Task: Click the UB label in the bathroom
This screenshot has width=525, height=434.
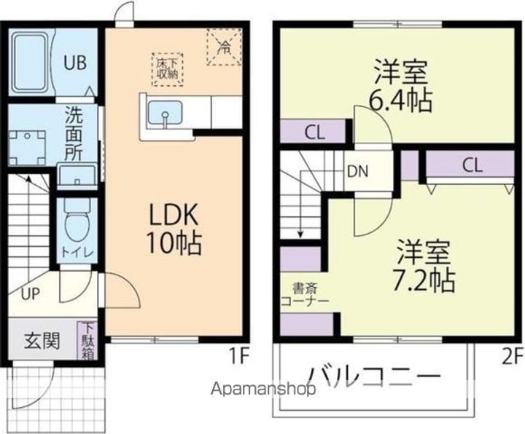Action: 75,63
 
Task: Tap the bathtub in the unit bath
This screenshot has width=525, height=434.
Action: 30,62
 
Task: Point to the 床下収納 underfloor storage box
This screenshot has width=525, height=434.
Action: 167,70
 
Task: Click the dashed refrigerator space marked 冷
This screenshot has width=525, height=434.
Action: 224,47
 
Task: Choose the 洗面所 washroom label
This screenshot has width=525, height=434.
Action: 74,134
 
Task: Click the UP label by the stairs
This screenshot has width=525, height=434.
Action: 30,294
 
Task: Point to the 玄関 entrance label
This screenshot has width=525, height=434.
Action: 42,341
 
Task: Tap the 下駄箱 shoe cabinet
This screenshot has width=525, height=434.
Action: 88,340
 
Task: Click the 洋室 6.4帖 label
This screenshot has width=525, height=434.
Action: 400,85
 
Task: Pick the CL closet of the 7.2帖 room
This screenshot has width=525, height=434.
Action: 470,164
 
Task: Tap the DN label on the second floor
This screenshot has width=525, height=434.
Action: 357,171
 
